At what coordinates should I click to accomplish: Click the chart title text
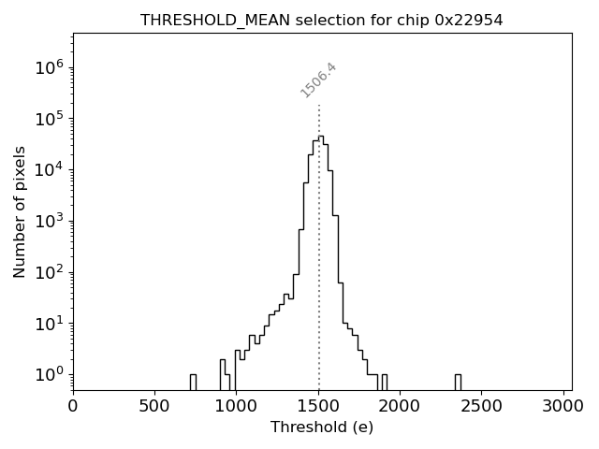(322, 20)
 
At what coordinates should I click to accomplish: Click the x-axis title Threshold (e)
(322, 427)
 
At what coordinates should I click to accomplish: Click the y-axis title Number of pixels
(20, 212)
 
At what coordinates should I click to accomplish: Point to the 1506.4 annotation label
(318, 80)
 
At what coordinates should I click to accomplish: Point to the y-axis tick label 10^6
(48, 67)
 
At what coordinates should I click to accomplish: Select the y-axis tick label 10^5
(48, 119)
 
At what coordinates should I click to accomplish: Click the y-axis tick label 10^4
(48, 169)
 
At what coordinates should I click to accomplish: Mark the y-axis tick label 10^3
(48, 221)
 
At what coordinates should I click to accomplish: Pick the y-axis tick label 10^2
(48, 272)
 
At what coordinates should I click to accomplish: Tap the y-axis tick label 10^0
(48, 374)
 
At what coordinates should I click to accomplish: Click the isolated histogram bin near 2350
(458, 382)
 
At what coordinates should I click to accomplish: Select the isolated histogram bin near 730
(193, 382)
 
